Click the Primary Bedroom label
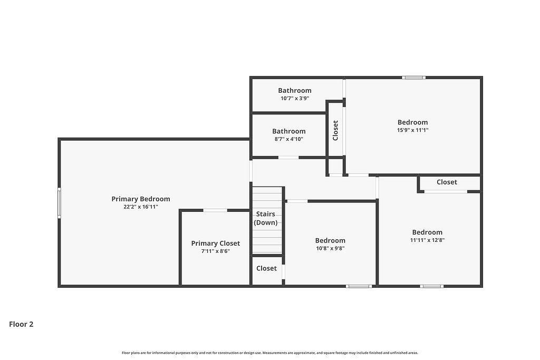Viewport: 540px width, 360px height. click(x=140, y=199)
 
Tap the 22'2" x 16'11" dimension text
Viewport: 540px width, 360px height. click(x=140, y=207)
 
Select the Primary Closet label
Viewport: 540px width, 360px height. click(x=216, y=244)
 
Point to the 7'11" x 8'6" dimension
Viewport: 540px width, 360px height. click(x=216, y=251)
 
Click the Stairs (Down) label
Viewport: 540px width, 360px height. click(x=266, y=218)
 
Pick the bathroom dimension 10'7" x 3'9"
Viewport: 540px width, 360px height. click(x=295, y=99)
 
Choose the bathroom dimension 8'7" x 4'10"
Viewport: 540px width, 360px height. click(x=288, y=139)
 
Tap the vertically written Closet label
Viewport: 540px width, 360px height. click(x=335, y=130)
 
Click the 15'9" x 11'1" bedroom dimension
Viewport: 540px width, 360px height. click(x=412, y=130)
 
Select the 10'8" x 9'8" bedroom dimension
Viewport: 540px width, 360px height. click(x=330, y=248)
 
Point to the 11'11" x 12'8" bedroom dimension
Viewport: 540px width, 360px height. click(x=427, y=240)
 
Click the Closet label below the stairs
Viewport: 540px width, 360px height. click(x=266, y=268)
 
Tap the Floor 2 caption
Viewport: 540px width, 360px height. click(x=21, y=324)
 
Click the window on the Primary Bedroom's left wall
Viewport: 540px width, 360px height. click(x=59, y=203)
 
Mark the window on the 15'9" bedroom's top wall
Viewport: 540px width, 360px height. click(x=413, y=78)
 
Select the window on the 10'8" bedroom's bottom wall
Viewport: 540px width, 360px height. click(x=359, y=286)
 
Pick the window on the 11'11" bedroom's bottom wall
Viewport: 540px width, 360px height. click(x=431, y=286)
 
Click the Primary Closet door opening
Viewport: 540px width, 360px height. click(x=215, y=210)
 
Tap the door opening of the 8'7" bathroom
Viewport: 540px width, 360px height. click(x=288, y=158)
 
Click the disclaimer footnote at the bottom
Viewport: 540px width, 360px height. click(x=270, y=353)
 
